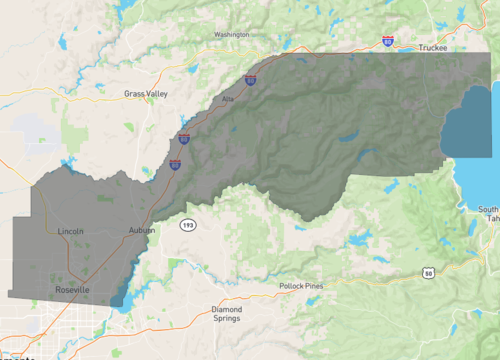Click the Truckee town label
coord(433,47)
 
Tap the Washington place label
coord(231,35)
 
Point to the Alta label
coord(227,99)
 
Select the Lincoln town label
coord(71,231)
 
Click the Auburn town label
coord(142,231)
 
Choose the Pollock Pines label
coord(301,286)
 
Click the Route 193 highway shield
coord(187,226)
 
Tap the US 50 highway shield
coord(428,272)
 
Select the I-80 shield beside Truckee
coord(387,40)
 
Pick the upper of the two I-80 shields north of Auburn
coord(184,140)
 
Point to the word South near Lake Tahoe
coord(489,209)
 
